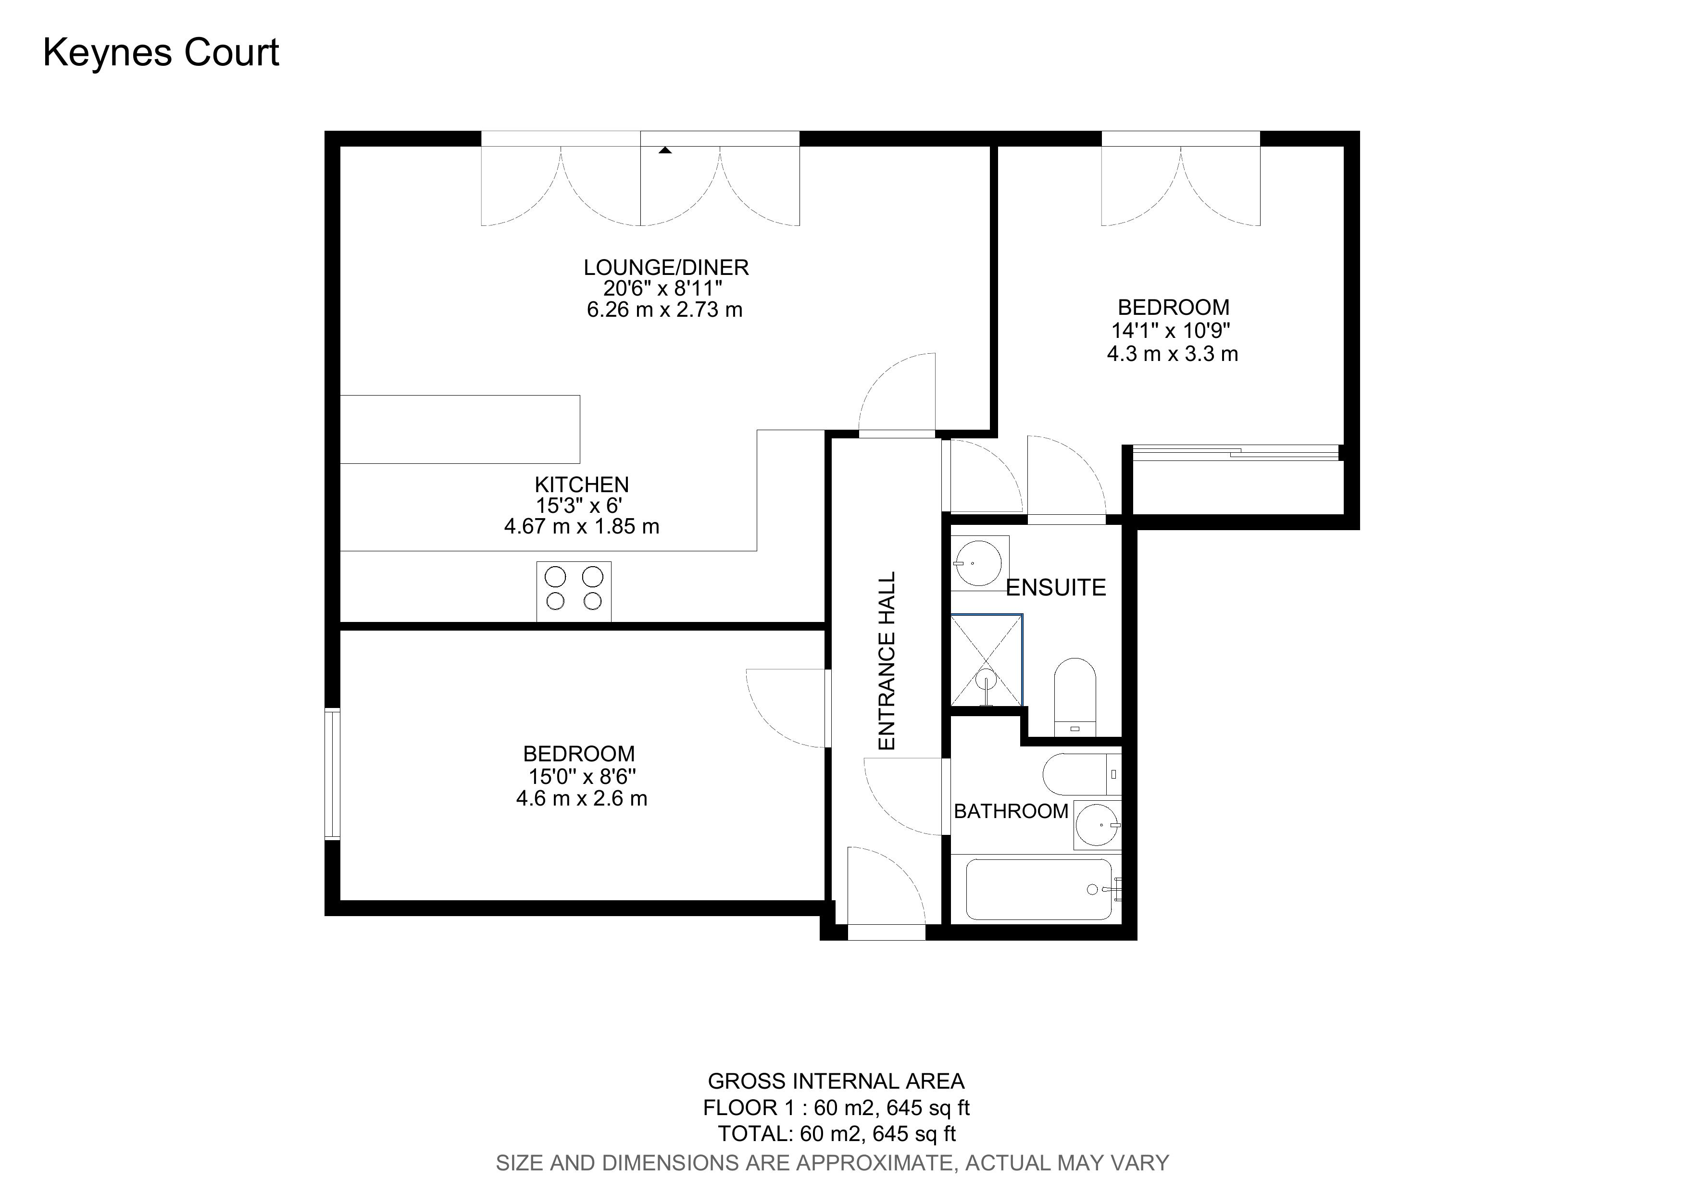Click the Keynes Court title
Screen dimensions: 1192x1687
pos(161,53)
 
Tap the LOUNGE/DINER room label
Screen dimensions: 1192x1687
pos(666,267)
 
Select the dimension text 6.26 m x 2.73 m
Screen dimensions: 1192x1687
pos(664,310)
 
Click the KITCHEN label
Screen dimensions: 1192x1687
pos(581,485)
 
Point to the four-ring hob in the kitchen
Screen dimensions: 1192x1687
pos(574,591)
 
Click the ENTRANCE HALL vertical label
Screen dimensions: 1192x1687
pos(887,661)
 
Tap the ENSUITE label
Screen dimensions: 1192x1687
pos(1055,587)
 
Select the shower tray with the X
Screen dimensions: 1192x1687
pos(986,659)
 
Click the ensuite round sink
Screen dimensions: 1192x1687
pos(979,563)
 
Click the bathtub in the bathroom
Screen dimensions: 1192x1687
pos(1039,889)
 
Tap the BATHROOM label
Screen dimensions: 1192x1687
pos(1011,811)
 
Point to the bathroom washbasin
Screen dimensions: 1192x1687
pos(1098,825)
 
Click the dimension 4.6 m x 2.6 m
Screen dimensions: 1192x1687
pos(581,798)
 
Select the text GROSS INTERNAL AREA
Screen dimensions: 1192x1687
pos(836,1081)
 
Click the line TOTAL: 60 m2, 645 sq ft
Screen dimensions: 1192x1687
pos(836,1133)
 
